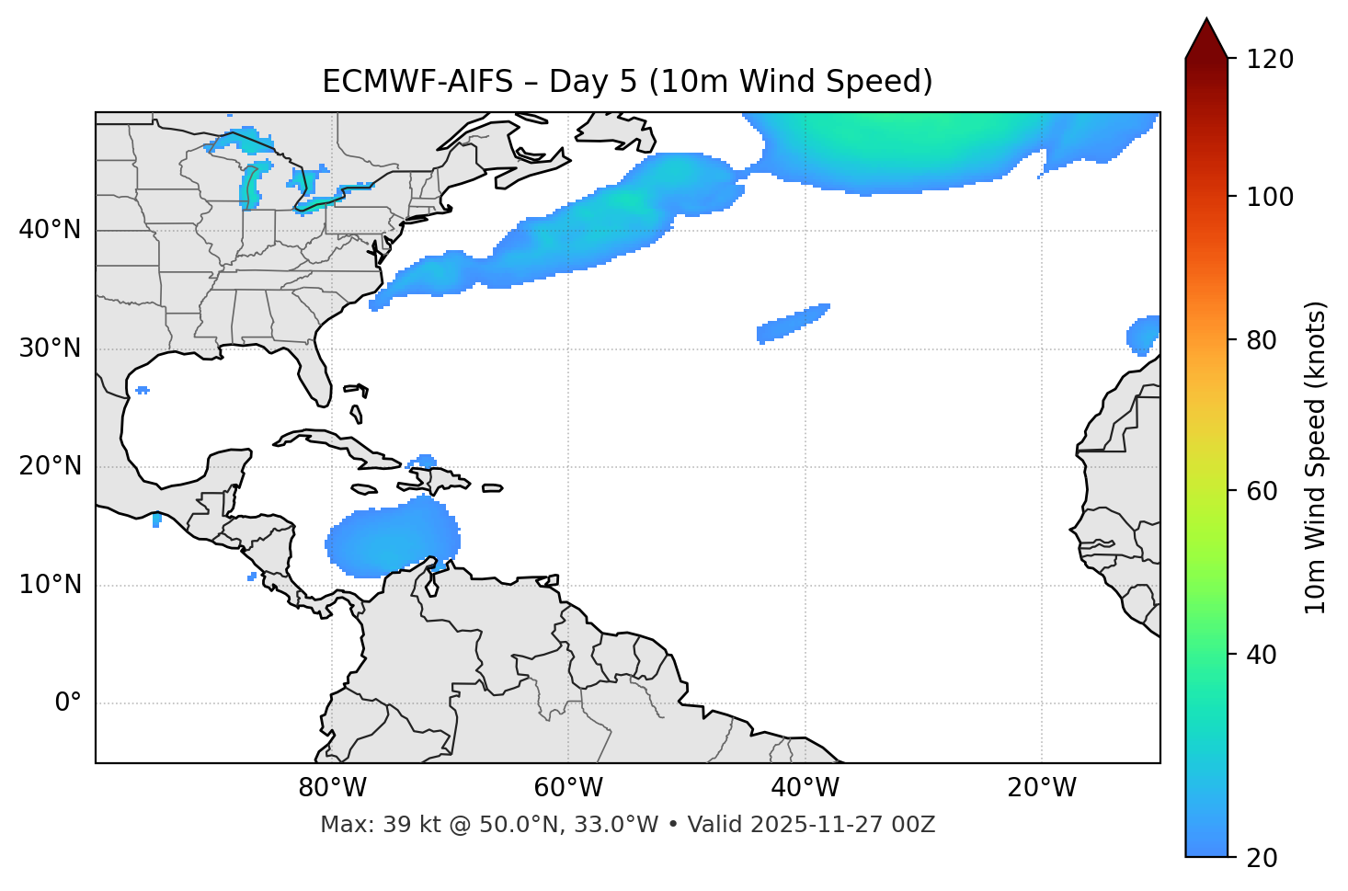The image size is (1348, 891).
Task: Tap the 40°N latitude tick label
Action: (50, 230)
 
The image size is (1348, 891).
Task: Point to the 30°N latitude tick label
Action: (50, 348)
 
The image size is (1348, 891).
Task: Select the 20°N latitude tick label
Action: (50, 466)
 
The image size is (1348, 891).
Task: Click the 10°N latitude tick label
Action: (50, 585)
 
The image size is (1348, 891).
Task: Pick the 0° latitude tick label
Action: (68, 703)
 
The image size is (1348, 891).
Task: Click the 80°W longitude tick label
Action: (332, 788)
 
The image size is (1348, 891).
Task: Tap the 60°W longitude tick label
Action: (568, 788)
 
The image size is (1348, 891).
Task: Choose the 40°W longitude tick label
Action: (805, 788)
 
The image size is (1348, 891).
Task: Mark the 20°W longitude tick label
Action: (1041, 788)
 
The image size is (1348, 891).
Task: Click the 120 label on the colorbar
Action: (1270, 60)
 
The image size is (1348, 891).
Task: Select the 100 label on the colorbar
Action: (1270, 197)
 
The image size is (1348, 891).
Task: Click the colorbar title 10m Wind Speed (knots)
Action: (1316, 457)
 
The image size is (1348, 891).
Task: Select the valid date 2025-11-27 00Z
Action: (842, 825)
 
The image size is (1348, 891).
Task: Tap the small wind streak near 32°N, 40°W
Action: (793, 323)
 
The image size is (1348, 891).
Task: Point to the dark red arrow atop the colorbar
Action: (1206, 40)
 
